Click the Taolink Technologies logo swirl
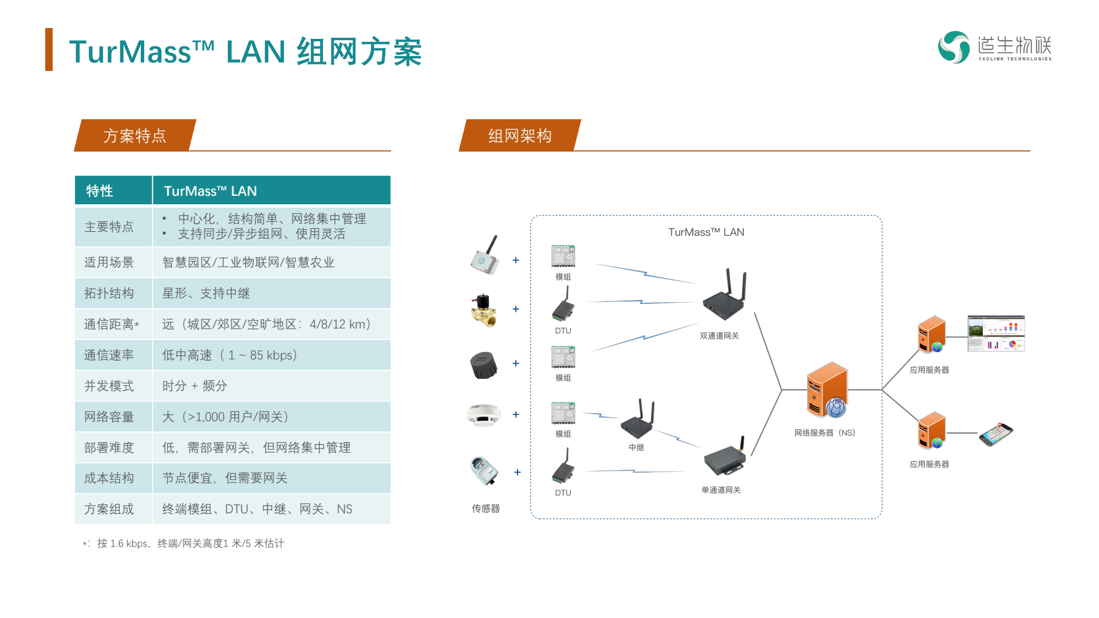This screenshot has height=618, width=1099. point(954,47)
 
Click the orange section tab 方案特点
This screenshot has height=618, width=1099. point(135,136)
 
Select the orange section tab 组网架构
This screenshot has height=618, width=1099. point(520,136)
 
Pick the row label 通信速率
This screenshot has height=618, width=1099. point(109,355)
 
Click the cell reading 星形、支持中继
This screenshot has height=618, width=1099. point(206,293)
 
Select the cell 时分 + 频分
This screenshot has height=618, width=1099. point(195,386)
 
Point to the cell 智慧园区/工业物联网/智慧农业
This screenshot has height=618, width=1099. point(248,262)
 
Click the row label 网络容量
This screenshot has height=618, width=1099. point(109,417)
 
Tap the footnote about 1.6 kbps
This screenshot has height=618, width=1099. point(183,543)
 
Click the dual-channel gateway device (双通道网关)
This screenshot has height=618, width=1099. point(725,295)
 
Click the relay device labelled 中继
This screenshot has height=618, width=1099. point(637,419)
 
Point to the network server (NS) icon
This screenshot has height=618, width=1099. point(827,390)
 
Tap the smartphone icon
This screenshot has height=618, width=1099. point(996,434)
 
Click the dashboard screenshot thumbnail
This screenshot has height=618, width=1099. point(996,334)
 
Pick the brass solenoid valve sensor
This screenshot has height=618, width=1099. point(484,310)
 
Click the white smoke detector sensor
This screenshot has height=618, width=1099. point(484,415)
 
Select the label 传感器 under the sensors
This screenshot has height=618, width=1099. point(486,508)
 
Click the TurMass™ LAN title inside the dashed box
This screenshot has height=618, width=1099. point(706,232)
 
